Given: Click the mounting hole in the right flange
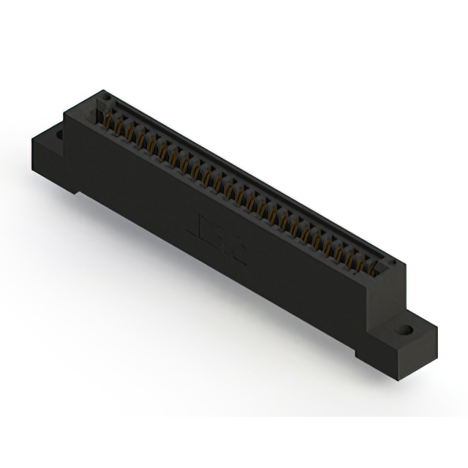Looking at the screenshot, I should (x=404, y=331).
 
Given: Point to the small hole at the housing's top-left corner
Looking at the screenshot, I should (x=104, y=97).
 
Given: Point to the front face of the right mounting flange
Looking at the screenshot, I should (x=395, y=358).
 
